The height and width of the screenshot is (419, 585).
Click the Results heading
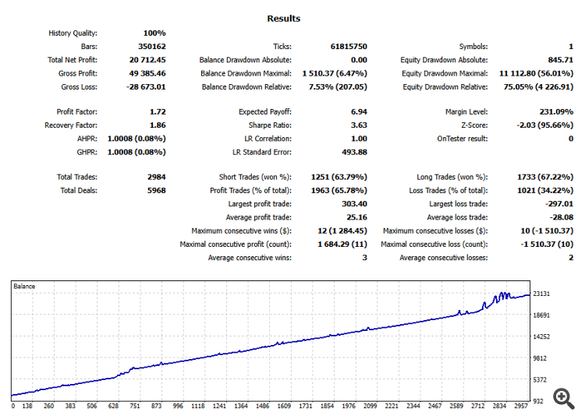pyautogui.click(x=283, y=19)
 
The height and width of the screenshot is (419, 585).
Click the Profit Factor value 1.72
pyautogui.click(x=157, y=111)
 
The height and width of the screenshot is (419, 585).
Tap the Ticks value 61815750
pyautogui.click(x=346, y=46)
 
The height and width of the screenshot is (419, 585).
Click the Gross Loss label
pyautogui.click(x=79, y=86)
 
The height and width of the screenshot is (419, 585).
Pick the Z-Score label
pyautogui.click(x=473, y=125)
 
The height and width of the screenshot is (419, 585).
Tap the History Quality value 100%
pyautogui.click(x=154, y=33)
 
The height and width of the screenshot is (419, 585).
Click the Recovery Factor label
pyautogui.click(x=71, y=125)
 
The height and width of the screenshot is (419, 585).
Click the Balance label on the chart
pyautogui.click(x=24, y=287)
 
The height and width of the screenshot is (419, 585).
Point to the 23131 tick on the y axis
pyautogui.click(x=543, y=294)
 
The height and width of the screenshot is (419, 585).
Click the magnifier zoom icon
pyautogui.click(x=563, y=396)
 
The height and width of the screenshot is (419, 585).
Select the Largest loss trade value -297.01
pyautogui.click(x=557, y=204)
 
